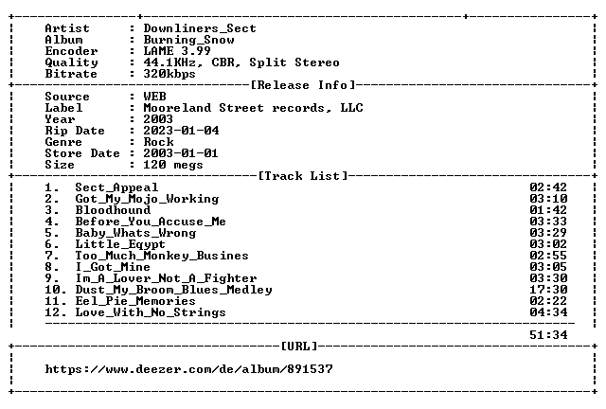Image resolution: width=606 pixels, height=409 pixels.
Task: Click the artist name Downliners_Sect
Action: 200,28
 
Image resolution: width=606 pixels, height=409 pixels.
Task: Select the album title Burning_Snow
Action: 188,40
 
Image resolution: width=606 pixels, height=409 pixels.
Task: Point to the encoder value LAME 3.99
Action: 177,51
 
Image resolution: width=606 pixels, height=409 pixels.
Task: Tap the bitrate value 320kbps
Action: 169,74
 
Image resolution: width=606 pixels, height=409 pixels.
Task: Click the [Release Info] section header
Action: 303,85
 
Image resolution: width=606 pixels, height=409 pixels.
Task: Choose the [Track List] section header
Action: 303,176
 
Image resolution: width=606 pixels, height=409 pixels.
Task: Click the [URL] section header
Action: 299,346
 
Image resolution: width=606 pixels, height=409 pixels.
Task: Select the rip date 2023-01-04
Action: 181,131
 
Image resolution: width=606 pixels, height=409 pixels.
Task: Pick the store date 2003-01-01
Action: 181,153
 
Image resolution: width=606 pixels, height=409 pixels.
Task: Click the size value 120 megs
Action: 173,165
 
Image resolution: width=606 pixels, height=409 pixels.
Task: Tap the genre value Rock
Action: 158,142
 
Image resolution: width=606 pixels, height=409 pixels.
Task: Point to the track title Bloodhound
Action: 113,210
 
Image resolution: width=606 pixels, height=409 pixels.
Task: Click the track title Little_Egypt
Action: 120,244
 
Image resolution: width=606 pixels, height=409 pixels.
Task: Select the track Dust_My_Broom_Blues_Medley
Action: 173,290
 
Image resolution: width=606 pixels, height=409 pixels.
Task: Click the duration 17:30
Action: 548,290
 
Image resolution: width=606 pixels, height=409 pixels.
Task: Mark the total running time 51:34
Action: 548,335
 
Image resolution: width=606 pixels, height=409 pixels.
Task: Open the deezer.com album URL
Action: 188,369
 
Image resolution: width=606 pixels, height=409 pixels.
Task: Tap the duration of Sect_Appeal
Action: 548,187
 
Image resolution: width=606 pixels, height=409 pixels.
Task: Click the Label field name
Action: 63,108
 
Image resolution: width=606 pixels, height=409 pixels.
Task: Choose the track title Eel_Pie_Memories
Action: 135,301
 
